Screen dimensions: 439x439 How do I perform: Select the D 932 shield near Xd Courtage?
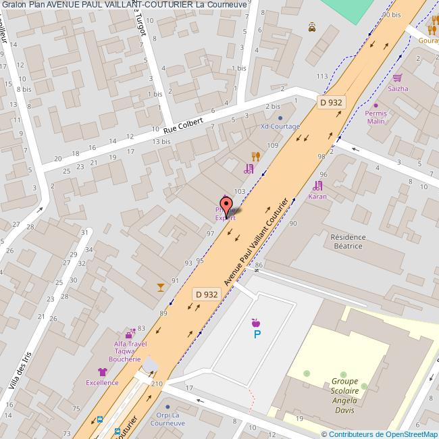pyautogui.click(x=331, y=102)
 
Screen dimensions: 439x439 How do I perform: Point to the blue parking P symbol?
pyautogui.click(x=257, y=334)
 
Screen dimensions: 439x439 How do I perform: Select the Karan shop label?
pyautogui.click(x=317, y=197)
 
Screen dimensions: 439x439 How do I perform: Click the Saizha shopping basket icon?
pyautogui.click(x=398, y=78)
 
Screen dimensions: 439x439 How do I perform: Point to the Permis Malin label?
pyautogui.click(x=376, y=118)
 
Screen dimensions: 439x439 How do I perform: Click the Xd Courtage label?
pyautogui.click(x=280, y=126)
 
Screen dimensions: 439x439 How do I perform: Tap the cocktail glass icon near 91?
pyautogui.click(x=160, y=287)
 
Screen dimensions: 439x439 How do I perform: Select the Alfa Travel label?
pyautogui.click(x=130, y=344)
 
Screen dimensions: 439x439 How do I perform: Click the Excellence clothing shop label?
pyautogui.click(x=102, y=382)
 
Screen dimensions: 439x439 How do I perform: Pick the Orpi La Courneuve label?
pyautogui.click(x=167, y=419)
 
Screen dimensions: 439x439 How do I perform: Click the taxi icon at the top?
pyautogui.click(x=312, y=28)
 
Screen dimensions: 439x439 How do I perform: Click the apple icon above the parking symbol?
pyautogui.click(x=255, y=322)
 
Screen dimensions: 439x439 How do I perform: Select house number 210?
pyautogui.click(x=157, y=384)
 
